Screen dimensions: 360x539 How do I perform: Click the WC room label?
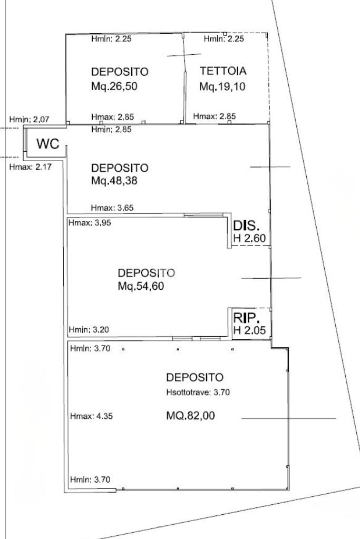[48, 144]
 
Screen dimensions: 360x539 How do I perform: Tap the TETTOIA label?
[223, 71]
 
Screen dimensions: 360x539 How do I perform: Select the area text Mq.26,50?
[114, 86]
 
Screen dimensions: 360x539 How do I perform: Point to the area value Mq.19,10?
[222, 86]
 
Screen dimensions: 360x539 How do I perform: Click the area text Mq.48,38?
[114, 181]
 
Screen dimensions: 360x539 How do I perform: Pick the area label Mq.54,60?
[141, 286]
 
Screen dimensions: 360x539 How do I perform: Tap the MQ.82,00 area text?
[190, 416]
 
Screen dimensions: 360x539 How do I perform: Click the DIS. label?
[246, 226]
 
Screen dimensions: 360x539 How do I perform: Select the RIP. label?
[246, 318]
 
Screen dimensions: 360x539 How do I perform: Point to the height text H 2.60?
[250, 238]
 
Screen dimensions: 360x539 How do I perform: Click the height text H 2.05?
[250, 330]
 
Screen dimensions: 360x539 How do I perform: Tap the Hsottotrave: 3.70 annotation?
[198, 392]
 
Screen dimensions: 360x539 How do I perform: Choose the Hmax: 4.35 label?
[91, 416]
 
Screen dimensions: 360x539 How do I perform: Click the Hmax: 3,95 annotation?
[90, 223]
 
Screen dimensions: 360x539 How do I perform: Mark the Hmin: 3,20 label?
[89, 330]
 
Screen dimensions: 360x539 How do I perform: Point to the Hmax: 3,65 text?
[112, 208]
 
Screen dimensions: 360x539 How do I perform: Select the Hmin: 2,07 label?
[29, 120]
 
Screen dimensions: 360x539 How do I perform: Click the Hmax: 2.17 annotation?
[30, 167]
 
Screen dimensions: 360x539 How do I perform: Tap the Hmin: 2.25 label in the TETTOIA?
[223, 38]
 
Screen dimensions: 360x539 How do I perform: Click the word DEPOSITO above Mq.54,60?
[146, 273]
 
